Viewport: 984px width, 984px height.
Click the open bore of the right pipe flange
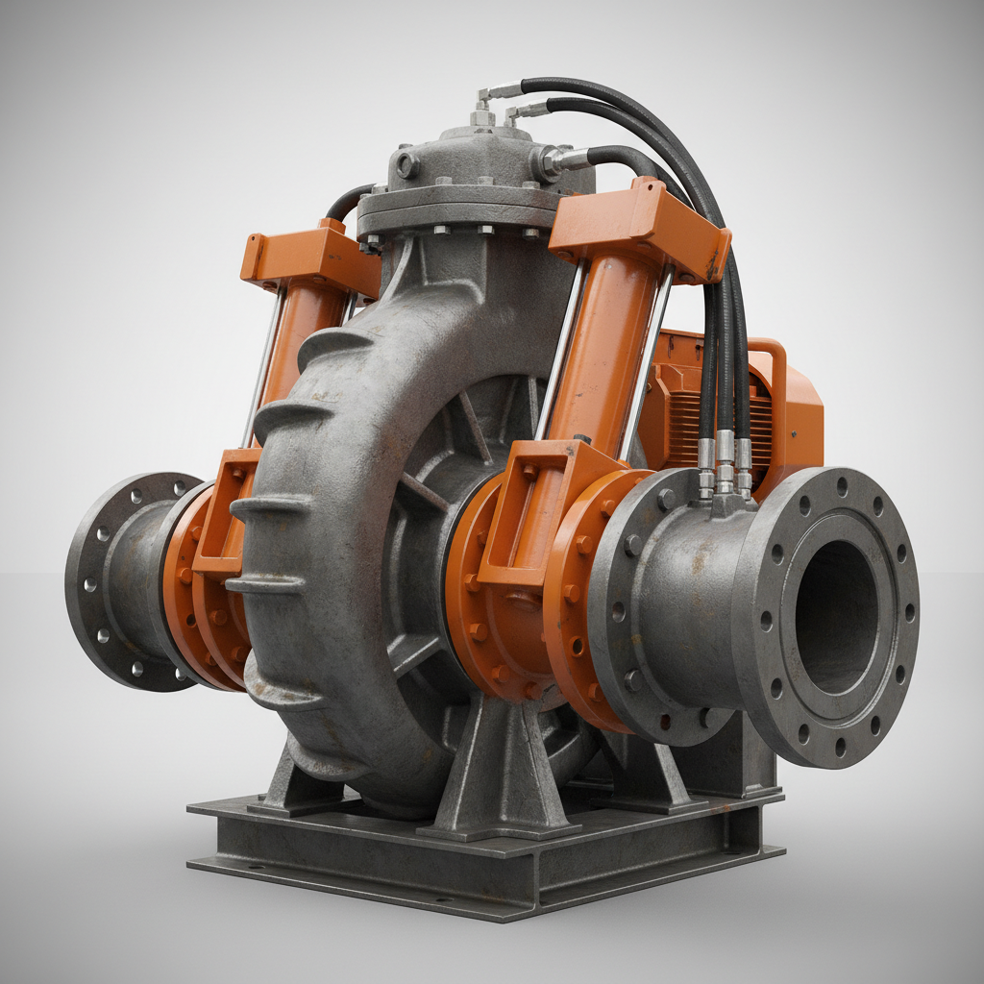[835, 615]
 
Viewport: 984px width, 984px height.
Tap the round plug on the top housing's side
[406, 165]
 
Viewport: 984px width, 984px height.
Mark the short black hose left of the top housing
[348, 201]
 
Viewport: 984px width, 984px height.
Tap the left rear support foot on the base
[288, 778]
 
